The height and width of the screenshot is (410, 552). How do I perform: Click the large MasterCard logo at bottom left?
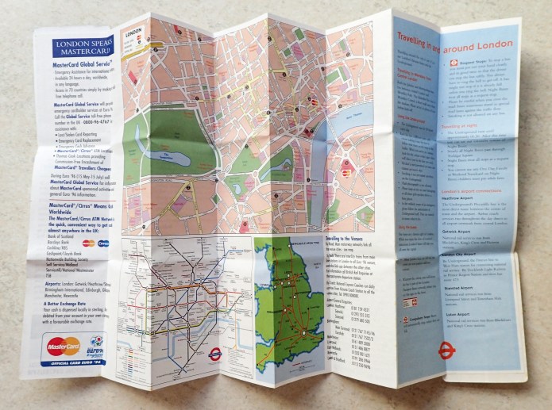[x=63, y=347]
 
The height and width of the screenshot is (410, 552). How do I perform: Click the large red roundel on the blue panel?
[x=447, y=350]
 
